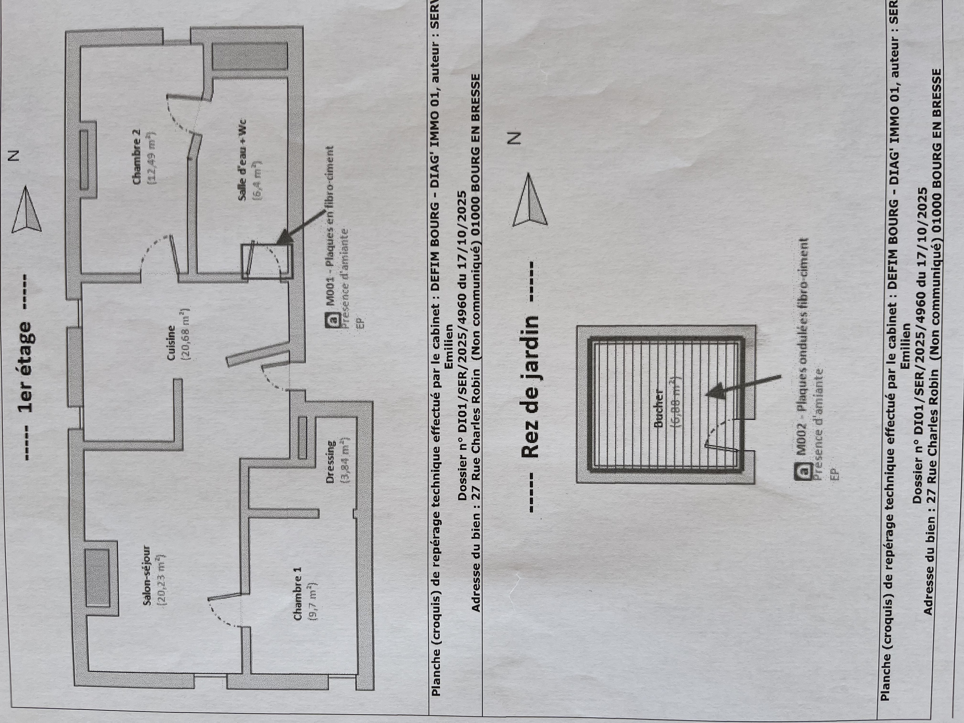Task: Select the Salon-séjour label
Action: (147, 575)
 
